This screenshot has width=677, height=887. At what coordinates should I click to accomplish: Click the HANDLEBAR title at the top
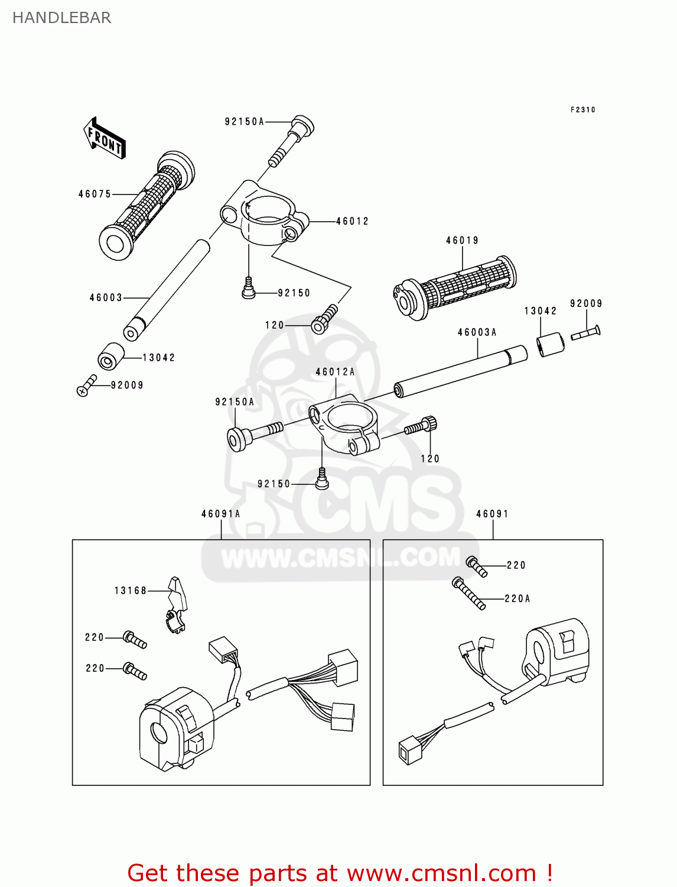[x=61, y=18]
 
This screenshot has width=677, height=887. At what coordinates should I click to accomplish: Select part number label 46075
[x=95, y=194]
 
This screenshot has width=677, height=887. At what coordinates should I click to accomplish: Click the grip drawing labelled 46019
[x=455, y=288]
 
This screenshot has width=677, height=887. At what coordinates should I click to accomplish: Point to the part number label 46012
[x=352, y=221]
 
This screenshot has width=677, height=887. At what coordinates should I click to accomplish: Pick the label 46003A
[x=477, y=332]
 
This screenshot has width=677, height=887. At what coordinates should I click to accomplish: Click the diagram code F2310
[x=582, y=110]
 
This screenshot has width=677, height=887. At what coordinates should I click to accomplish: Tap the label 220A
[x=517, y=598]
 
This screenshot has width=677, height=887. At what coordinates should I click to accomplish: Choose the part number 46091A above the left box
[x=220, y=514]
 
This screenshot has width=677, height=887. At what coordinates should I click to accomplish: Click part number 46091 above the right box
[x=492, y=514]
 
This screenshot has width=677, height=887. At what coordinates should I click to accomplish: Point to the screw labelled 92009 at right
[x=585, y=333]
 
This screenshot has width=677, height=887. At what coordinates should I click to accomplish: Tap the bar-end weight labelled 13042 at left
[x=110, y=356]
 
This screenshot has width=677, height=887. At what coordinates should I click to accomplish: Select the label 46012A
[x=335, y=372]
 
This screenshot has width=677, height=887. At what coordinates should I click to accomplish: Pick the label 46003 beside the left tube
[x=106, y=297]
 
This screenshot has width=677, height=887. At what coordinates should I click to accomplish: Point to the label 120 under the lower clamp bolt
[x=430, y=458]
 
